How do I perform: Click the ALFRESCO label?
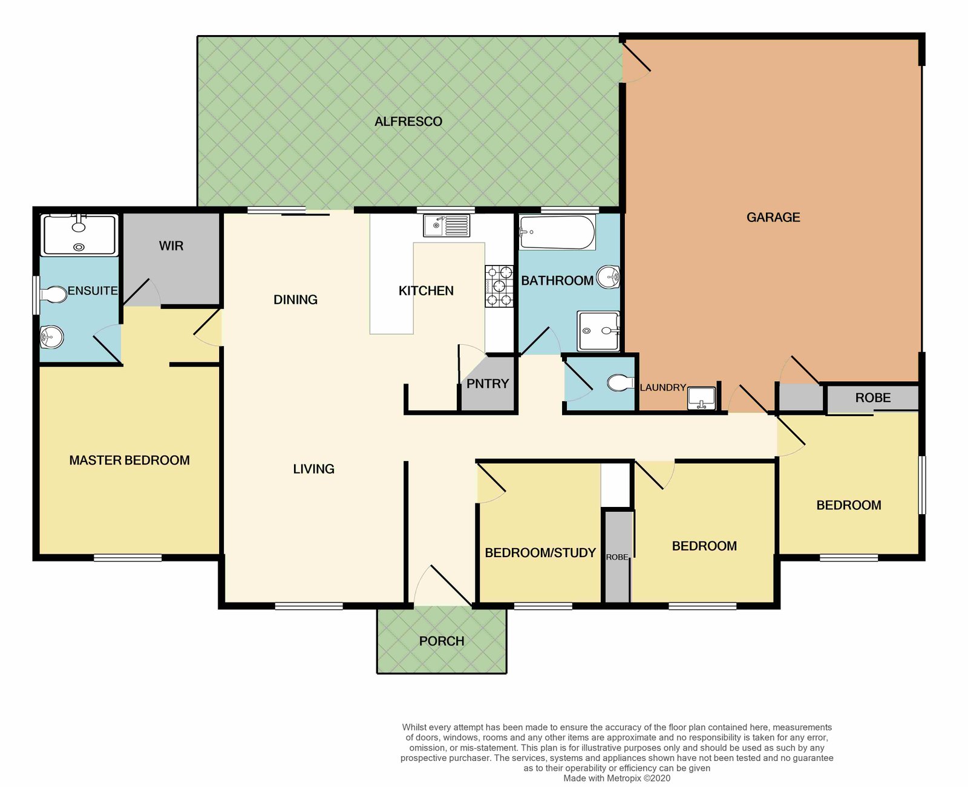coord(408,122)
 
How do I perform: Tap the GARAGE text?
coord(773,217)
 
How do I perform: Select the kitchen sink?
coord(446,226)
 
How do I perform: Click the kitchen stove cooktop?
coord(499,286)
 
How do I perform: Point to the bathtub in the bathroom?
coord(557,232)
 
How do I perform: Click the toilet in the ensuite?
coord(53,295)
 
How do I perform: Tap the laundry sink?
coord(701,398)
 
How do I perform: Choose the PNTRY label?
coord(488,384)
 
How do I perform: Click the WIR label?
coord(171,246)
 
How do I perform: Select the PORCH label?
coord(441,641)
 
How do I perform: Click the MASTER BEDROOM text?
coord(129,460)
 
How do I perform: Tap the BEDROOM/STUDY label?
coord(540,552)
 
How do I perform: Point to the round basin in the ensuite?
coord(51,338)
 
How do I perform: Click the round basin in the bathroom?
coord(608,276)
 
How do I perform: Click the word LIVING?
coord(313,469)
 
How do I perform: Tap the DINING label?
coord(295,299)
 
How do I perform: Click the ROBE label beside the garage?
coord(872,398)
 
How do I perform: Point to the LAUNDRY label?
coord(662,388)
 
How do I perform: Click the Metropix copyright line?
coord(616,779)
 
